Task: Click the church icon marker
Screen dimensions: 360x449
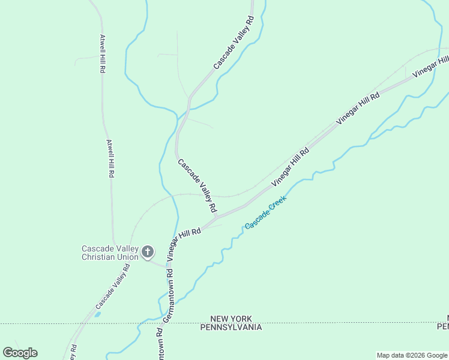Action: click(x=148, y=252)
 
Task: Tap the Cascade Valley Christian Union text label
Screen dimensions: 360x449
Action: click(x=110, y=253)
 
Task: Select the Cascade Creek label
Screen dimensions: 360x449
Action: click(x=265, y=213)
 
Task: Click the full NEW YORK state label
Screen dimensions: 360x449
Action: click(x=231, y=319)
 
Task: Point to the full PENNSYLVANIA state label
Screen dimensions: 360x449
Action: click(x=231, y=327)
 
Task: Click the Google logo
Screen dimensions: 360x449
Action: click(x=20, y=352)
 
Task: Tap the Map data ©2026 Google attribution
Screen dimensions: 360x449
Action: click(x=412, y=355)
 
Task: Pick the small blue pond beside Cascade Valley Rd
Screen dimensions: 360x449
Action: click(x=97, y=314)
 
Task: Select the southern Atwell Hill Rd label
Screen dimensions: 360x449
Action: click(x=110, y=158)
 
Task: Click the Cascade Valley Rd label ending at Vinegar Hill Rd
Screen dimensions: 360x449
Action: click(x=197, y=185)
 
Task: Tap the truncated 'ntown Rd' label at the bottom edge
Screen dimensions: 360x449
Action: click(x=161, y=344)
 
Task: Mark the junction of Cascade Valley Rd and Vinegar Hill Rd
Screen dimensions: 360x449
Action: click(x=217, y=216)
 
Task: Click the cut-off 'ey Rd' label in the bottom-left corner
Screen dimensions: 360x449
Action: click(x=73, y=352)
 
